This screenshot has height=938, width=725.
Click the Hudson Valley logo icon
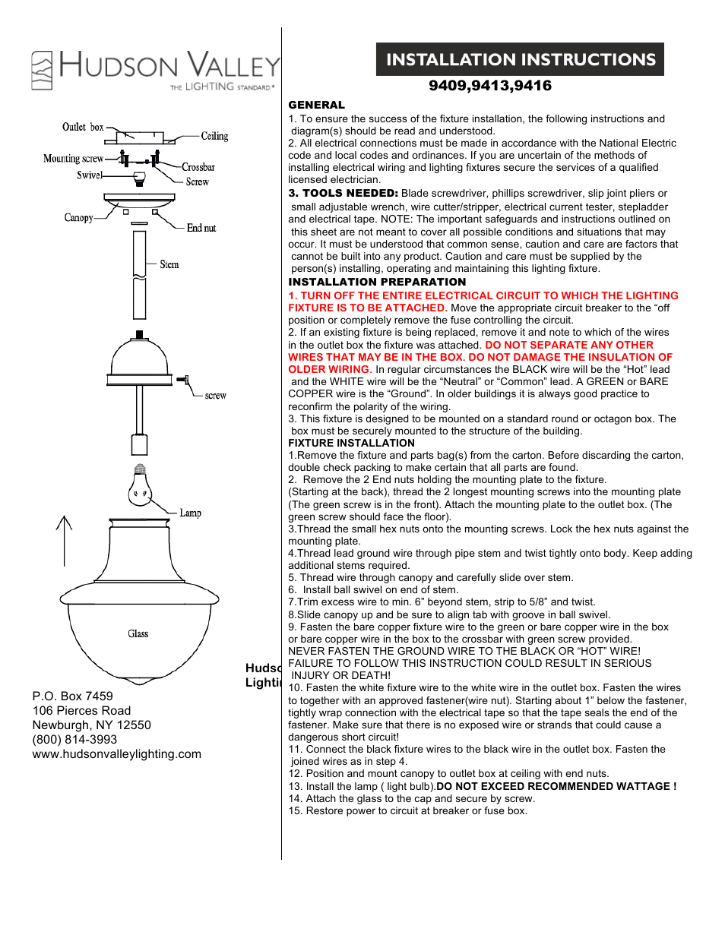tap(42, 71)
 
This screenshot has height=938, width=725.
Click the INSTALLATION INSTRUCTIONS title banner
tap(520, 59)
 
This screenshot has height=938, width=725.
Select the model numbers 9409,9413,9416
tap(490, 86)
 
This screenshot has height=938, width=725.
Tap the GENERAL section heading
tap(316, 105)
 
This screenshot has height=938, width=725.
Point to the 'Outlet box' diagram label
tap(83, 127)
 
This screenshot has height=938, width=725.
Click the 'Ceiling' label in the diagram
tap(214, 136)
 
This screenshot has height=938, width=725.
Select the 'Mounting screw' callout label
tap(73, 159)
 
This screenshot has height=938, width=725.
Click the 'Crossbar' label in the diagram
tap(198, 167)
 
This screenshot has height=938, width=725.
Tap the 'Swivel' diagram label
tap(89, 175)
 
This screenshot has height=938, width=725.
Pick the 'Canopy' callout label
tap(78, 218)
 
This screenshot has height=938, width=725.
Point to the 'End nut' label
tap(201, 228)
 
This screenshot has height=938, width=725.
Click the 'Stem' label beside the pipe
tap(169, 264)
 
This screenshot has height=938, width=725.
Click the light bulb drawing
tap(140, 486)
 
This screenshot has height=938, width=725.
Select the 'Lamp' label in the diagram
tap(190, 513)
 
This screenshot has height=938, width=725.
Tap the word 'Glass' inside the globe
tap(138, 633)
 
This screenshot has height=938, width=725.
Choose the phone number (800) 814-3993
tap(74, 740)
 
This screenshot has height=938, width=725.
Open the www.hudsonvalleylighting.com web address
tap(117, 754)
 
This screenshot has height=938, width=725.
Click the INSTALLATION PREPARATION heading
tap(377, 282)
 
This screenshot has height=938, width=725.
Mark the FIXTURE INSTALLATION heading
tap(351, 443)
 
